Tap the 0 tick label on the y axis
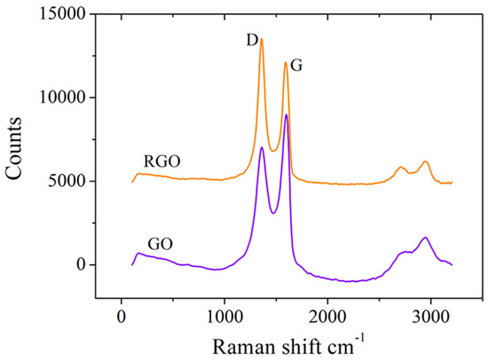[80, 264]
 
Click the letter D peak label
[251, 41]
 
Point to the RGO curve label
[161, 162]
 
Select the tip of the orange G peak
[285, 62]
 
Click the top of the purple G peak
[286, 114]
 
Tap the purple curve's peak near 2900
[425, 238]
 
